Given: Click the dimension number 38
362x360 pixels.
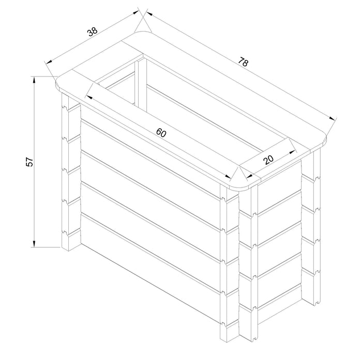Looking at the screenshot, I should pos(92,32).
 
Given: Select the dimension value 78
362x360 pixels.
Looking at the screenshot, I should pos(243,62).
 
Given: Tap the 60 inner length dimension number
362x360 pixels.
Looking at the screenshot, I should pos(161,133).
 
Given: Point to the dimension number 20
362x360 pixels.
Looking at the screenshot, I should pos(268,160).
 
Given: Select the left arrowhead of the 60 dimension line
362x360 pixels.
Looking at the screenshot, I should pos(89,96).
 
